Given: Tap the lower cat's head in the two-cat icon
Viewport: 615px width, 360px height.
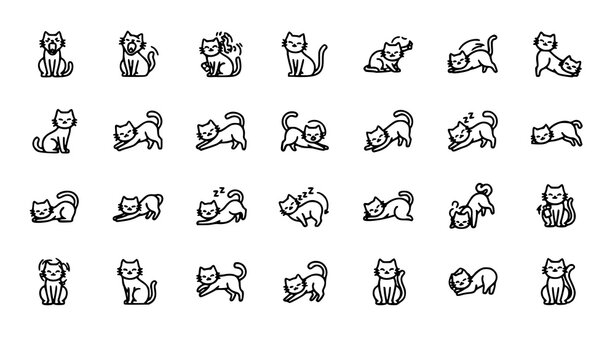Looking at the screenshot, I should [x=569, y=65].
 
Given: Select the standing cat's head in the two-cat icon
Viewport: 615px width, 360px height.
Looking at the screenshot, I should [x=545, y=42].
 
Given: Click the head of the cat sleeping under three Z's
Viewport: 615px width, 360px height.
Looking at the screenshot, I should [x=206, y=183].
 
